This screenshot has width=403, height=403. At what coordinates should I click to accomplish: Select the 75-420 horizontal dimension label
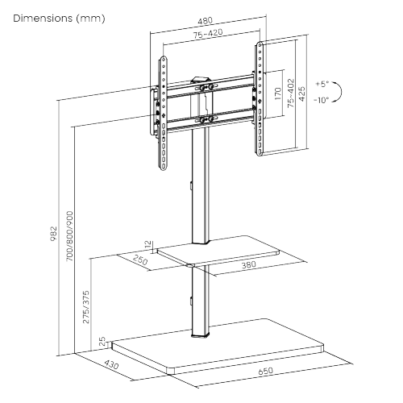208,35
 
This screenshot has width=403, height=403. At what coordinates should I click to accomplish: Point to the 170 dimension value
278,98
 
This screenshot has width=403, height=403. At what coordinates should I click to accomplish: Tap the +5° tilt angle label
322,84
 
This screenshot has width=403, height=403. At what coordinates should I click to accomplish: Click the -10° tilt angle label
322,101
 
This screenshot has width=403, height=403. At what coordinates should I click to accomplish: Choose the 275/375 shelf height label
86,306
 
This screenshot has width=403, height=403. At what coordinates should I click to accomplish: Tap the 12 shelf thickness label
147,244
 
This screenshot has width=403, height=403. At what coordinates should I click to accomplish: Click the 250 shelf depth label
140,261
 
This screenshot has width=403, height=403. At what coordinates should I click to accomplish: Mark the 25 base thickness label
102,343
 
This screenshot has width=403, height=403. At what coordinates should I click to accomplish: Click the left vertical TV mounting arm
164,113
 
